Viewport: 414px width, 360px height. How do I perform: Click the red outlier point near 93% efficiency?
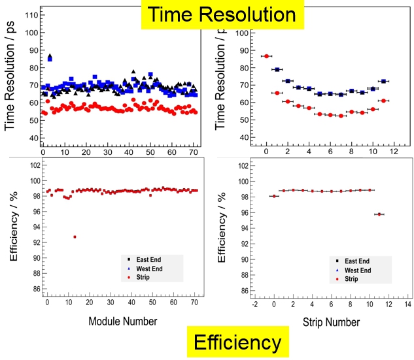[75, 237]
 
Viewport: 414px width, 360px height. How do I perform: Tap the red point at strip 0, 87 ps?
[266, 56]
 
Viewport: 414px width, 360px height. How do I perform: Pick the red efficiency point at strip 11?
[379, 214]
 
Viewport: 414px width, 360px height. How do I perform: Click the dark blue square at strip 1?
[277, 69]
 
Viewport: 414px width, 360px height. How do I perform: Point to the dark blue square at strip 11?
[383, 81]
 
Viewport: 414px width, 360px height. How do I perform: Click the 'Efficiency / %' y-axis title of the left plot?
[14, 226]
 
